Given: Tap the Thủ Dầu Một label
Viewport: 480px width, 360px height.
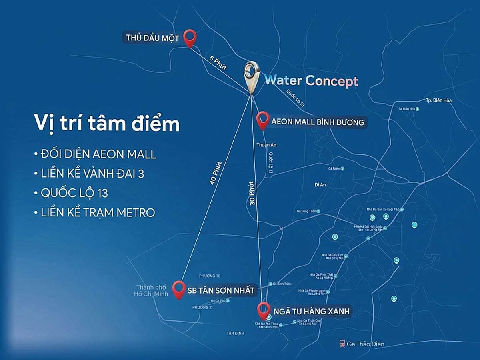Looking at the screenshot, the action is (x=152, y=38).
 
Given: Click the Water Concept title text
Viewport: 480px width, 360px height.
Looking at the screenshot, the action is (x=311, y=81).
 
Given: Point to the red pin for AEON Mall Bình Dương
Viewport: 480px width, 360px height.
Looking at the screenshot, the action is (x=262, y=120).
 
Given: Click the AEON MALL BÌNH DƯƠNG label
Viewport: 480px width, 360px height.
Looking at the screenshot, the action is (x=318, y=122).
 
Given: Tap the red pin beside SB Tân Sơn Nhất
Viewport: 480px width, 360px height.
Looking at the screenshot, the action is (x=178, y=289).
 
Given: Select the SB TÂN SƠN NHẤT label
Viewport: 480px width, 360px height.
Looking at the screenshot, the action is (x=221, y=291).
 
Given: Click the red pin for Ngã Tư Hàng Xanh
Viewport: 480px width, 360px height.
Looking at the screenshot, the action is (x=263, y=310).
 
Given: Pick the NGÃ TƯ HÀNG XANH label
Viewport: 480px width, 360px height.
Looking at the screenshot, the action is (x=312, y=311).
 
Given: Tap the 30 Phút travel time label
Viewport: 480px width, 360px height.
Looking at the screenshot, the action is (x=251, y=194).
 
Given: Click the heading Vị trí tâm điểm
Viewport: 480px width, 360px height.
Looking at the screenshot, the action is (x=106, y=123).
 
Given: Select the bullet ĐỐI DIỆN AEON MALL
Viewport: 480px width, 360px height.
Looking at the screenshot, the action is (x=95, y=154).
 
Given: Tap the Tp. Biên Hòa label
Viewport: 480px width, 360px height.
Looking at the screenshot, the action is (x=438, y=100).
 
